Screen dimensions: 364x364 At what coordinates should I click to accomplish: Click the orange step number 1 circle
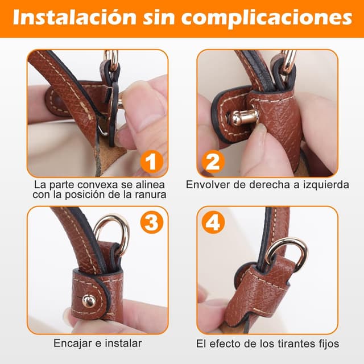point(151,162)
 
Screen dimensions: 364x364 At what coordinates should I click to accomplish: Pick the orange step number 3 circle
point(151,222)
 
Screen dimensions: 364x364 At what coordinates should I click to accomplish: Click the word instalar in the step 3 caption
point(124,343)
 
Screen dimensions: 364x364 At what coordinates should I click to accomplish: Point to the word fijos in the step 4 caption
point(328,344)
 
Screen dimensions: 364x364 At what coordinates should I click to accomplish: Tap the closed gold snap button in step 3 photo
point(89,301)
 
